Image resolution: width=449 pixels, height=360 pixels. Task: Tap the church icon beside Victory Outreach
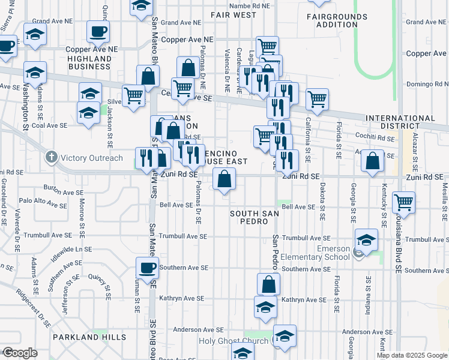click(x=52, y=158)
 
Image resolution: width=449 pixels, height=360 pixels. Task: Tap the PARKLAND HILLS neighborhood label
click(x=89, y=337)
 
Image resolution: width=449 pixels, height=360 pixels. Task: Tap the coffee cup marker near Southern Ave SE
click(x=147, y=268)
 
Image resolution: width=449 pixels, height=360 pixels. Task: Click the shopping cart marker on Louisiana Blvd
click(x=403, y=203)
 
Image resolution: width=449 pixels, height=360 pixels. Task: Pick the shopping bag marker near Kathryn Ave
click(x=268, y=284)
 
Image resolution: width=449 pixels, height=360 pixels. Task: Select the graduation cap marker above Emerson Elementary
click(x=366, y=240)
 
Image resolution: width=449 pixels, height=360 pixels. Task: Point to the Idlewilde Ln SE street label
click(x=73, y=248)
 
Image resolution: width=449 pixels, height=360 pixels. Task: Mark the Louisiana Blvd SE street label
click(x=398, y=246)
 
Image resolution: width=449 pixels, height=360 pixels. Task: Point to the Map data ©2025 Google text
click(x=412, y=355)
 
